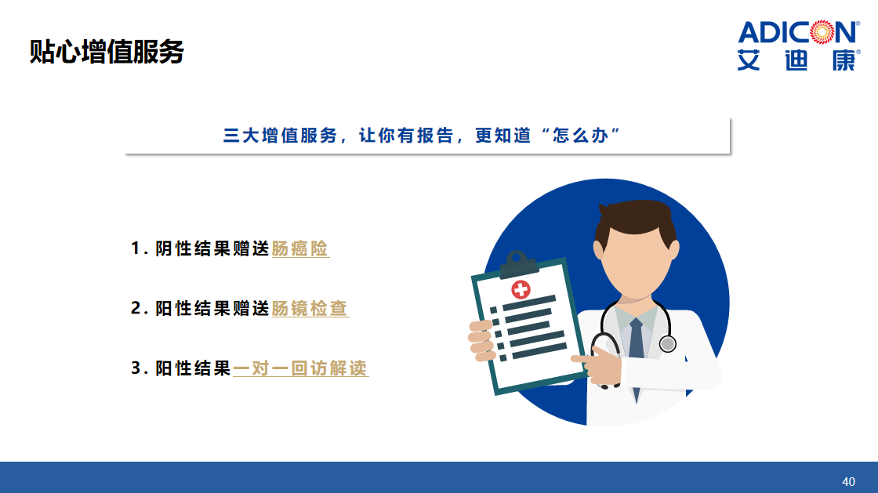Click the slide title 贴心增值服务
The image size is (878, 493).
(x=107, y=52)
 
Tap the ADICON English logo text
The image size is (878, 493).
(x=799, y=32)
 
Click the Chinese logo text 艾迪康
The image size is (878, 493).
(x=799, y=60)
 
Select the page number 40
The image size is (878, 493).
(x=848, y=481)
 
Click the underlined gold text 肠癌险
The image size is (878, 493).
(x=300, y=248)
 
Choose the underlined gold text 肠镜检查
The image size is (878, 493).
(x=310, y=308)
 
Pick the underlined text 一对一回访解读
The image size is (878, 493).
(x=301, y=368)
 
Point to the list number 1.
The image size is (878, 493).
(x=136, y=248)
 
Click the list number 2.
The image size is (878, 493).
(x=136, y=308)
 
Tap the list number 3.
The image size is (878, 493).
(x=136, y=368)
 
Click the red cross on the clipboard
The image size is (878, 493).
(x=521, y=289)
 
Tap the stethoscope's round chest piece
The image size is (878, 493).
(x=667, y=343)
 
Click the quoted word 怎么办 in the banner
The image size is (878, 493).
(x=580, y=136)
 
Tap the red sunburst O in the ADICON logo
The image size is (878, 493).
(x=822, y=32)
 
